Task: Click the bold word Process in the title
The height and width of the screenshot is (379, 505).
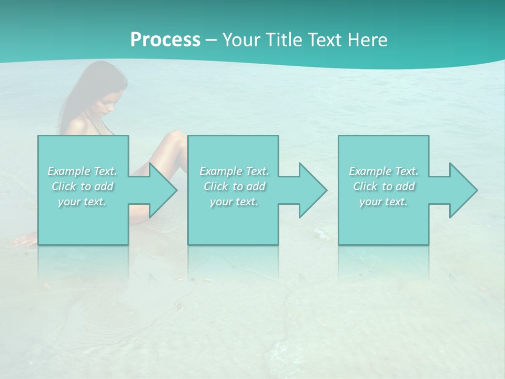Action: click(x=165, y=40)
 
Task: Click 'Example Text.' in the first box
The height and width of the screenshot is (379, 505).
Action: click(x=82, y=171)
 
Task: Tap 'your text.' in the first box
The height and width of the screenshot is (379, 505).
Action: click(x=82, y=202)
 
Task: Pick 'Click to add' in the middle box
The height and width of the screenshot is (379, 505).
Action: click(x=234, y=186)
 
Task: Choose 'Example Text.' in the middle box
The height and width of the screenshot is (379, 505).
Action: click(x=234, y=171)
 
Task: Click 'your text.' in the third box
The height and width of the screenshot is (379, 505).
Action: click(x=383, y=202)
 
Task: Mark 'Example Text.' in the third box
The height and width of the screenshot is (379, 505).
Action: click(x=383, y=171)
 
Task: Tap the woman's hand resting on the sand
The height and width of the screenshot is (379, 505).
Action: click(x=24, y=241)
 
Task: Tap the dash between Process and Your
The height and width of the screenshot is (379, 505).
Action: click(x=211, y=41)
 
